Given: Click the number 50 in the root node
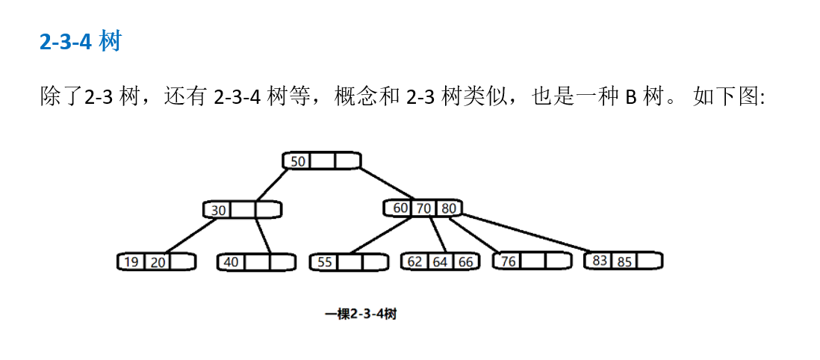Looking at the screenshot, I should [x=297, y=161].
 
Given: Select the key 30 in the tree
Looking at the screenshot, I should [x=218, y=211].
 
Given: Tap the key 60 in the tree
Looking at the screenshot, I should [x=400, y=208].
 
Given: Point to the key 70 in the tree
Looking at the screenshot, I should [x=423, y=208].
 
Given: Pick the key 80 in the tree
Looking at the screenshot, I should [x=447, y=208].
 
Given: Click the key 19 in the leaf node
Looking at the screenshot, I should [x=131, y=262].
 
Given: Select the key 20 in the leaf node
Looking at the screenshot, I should [x=157, y=262].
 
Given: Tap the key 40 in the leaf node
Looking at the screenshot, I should [x=232, y=262].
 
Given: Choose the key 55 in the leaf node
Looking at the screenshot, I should [x=324, y=262].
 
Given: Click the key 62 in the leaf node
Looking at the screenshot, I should [x=415, y=261].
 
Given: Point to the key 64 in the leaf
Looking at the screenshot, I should [x=440, y=261].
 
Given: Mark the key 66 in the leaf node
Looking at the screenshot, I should [x=465, y=261].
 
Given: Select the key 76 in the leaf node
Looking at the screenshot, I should [x=508, y=261].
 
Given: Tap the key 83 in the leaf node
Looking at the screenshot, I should [x=600, y=261].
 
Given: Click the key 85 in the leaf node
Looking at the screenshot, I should [x=624, y=261].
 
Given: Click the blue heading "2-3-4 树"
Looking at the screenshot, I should [x=80, y=42].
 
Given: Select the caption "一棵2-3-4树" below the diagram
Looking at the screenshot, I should [x=361, y=314].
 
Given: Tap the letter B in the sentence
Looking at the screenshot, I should [x=630, y=97].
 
